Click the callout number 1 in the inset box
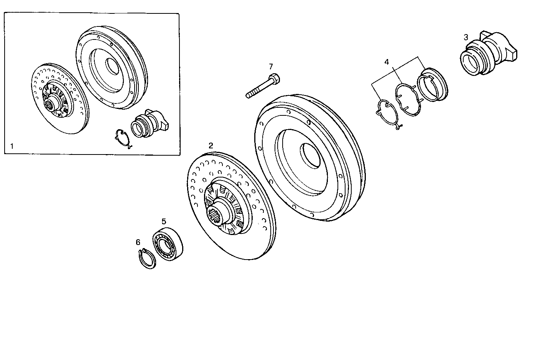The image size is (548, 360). point(12,146)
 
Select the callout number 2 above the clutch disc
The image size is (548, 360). point(211,145)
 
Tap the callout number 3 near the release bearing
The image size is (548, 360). point(466,37)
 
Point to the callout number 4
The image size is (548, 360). point(387,62)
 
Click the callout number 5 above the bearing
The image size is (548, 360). point(164,221)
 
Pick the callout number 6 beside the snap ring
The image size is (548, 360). point(138,242)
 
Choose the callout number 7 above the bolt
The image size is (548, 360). point(271,66)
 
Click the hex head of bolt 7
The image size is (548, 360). point(274,79)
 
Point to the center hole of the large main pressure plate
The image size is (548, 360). point(311,155)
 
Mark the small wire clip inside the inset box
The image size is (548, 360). point(123,139)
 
